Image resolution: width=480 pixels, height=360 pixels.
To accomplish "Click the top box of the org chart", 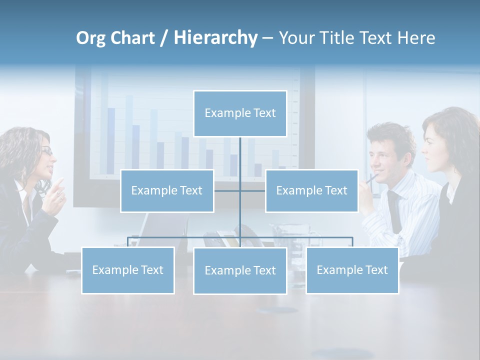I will click(x=240, y=113).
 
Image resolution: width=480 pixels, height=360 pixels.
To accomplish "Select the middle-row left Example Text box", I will click(x=167, y=191).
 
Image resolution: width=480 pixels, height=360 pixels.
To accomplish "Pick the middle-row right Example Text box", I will click(x=311, y=191).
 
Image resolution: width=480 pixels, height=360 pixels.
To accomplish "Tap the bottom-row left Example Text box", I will click(x=127, y=270).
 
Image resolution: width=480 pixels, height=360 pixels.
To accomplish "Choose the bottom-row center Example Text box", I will click(x=240, y=271).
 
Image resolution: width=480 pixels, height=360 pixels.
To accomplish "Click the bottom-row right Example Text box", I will click(x=352, y=270).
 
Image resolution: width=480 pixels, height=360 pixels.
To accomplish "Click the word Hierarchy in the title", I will click(x=215, y=38).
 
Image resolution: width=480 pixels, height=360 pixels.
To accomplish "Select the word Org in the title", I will click(x=90, y=38).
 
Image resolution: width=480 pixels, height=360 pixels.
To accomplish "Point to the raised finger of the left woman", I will click(x=59, y=183).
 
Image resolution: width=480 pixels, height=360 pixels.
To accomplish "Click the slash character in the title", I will click(x=163, y=38).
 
